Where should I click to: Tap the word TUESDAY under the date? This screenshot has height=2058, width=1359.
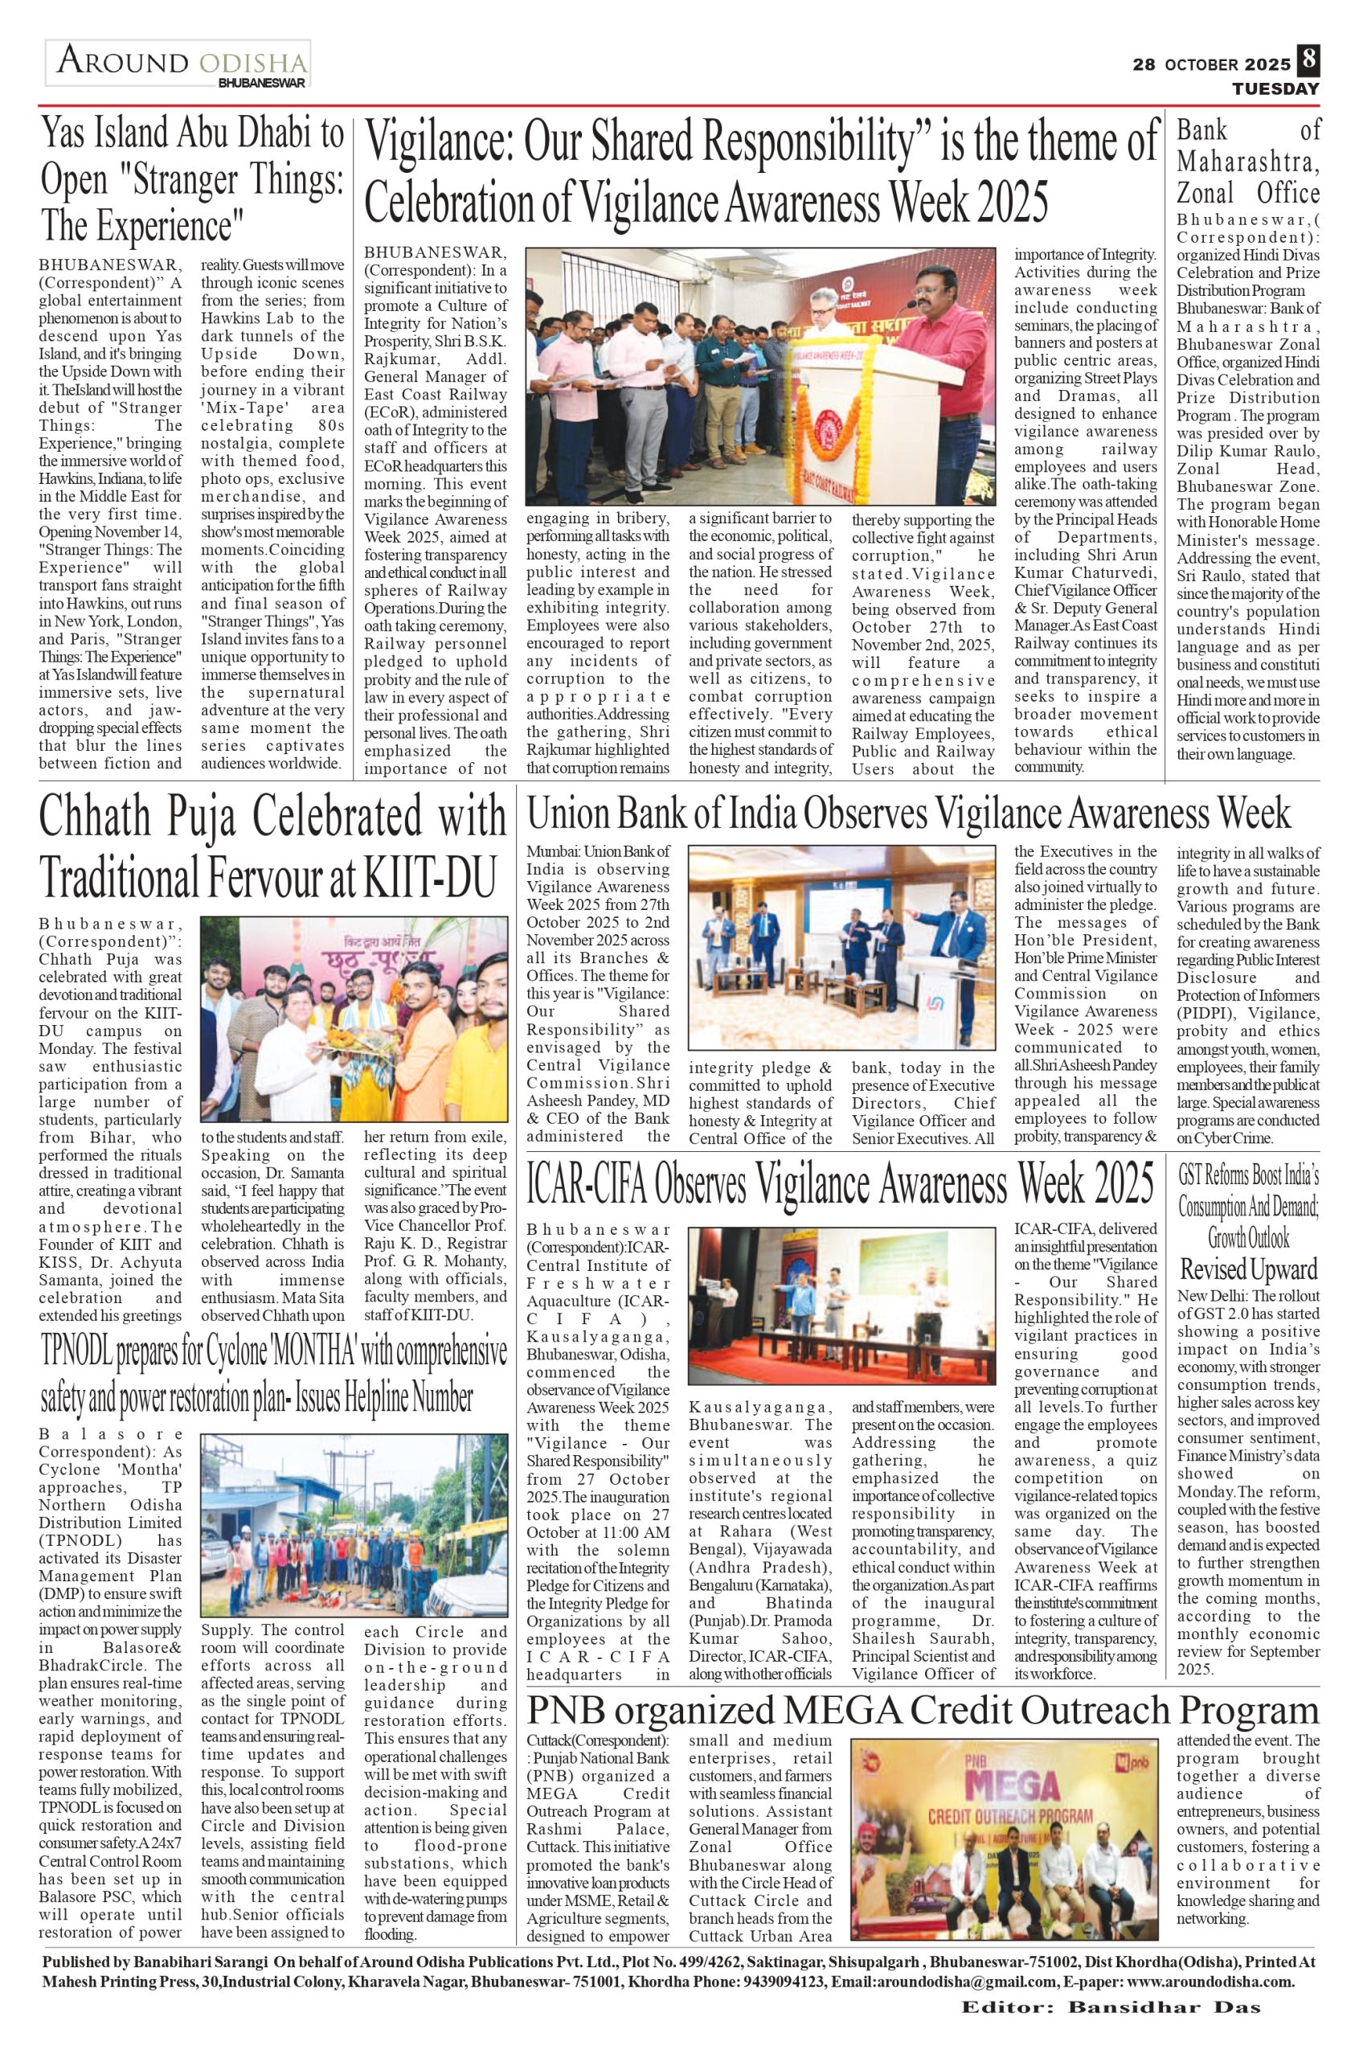(x=1275, y=88)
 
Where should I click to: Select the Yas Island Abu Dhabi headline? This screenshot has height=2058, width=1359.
(x=192, y=180)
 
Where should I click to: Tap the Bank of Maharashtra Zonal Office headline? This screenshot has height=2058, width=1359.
(x=1248, y=162)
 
